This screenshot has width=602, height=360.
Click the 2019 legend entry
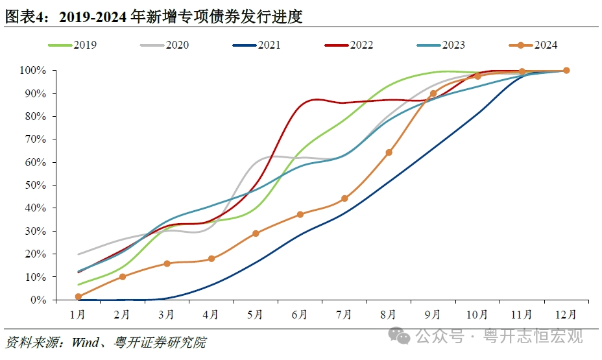(72, 45)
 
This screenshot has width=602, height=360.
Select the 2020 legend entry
(164, 45)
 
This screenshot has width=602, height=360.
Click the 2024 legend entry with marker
(533, 45)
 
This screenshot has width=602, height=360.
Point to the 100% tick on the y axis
(32, 70)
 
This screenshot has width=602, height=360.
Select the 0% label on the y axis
(38, 300)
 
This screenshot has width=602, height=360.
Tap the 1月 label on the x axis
(78, 315)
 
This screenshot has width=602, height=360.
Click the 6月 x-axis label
(300, 315)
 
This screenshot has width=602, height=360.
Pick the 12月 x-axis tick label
(566, 315)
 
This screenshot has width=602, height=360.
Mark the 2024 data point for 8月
(389, 152)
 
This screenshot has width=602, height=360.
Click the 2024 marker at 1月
(78, 296)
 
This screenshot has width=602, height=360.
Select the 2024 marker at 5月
(256, 233)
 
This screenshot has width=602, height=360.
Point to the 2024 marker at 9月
(433, 93)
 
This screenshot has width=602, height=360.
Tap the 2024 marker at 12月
(566, 70)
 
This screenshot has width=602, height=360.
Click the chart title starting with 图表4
(154, 17)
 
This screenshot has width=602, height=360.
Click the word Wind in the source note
(84, 342)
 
